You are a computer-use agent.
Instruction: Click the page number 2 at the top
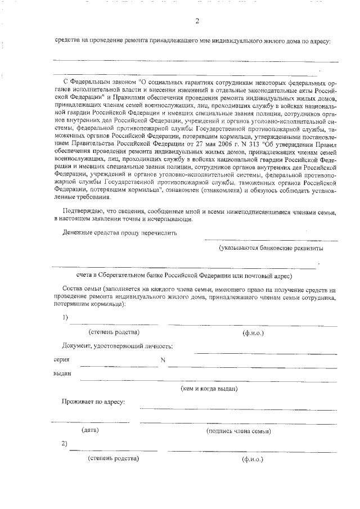[x=197, y=21]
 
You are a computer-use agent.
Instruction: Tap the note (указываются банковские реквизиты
[x=271, y=247]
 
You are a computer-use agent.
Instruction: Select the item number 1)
[x=65, y=317]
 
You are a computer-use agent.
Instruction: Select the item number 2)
[x=65, y=443]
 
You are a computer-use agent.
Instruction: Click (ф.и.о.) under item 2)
[x=253, y=460]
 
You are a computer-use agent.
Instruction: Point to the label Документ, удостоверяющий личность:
[x=118, y=345]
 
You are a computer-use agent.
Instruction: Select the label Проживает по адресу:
[x=93, y=402]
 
